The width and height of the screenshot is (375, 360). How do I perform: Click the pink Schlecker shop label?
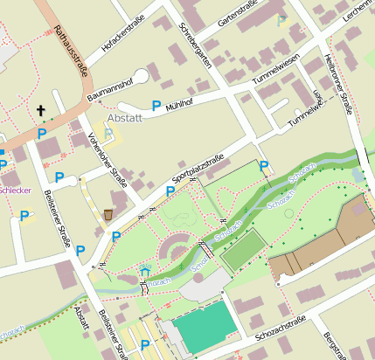(x=15, y=189)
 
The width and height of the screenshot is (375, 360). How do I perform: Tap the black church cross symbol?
(x=40, y=110)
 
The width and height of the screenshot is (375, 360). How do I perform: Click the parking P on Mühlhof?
(x=156, y=106)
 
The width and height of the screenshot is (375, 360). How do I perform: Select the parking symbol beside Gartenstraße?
(x=281, y=19)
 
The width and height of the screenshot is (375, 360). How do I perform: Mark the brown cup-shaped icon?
(x=108, y=214)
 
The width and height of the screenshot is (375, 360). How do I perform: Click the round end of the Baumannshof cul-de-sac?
(x=142, y=76)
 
